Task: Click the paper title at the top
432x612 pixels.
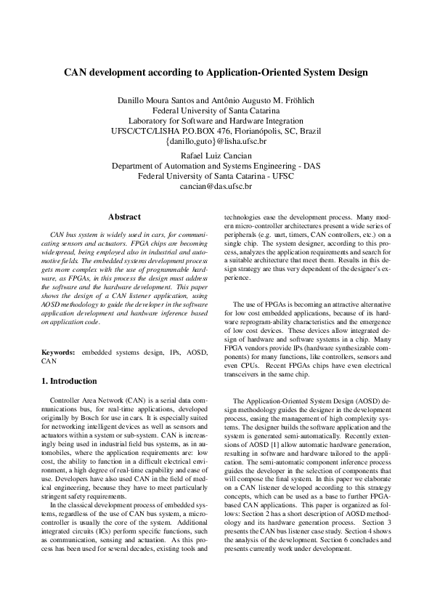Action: [x=216, y=73]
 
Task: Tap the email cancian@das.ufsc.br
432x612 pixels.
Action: [x=216, y=186]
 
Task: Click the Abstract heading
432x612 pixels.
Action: [x=124, y=217]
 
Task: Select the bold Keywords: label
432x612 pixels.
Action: [x=59, y=352]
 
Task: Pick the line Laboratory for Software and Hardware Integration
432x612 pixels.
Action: [x=216, y=120]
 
